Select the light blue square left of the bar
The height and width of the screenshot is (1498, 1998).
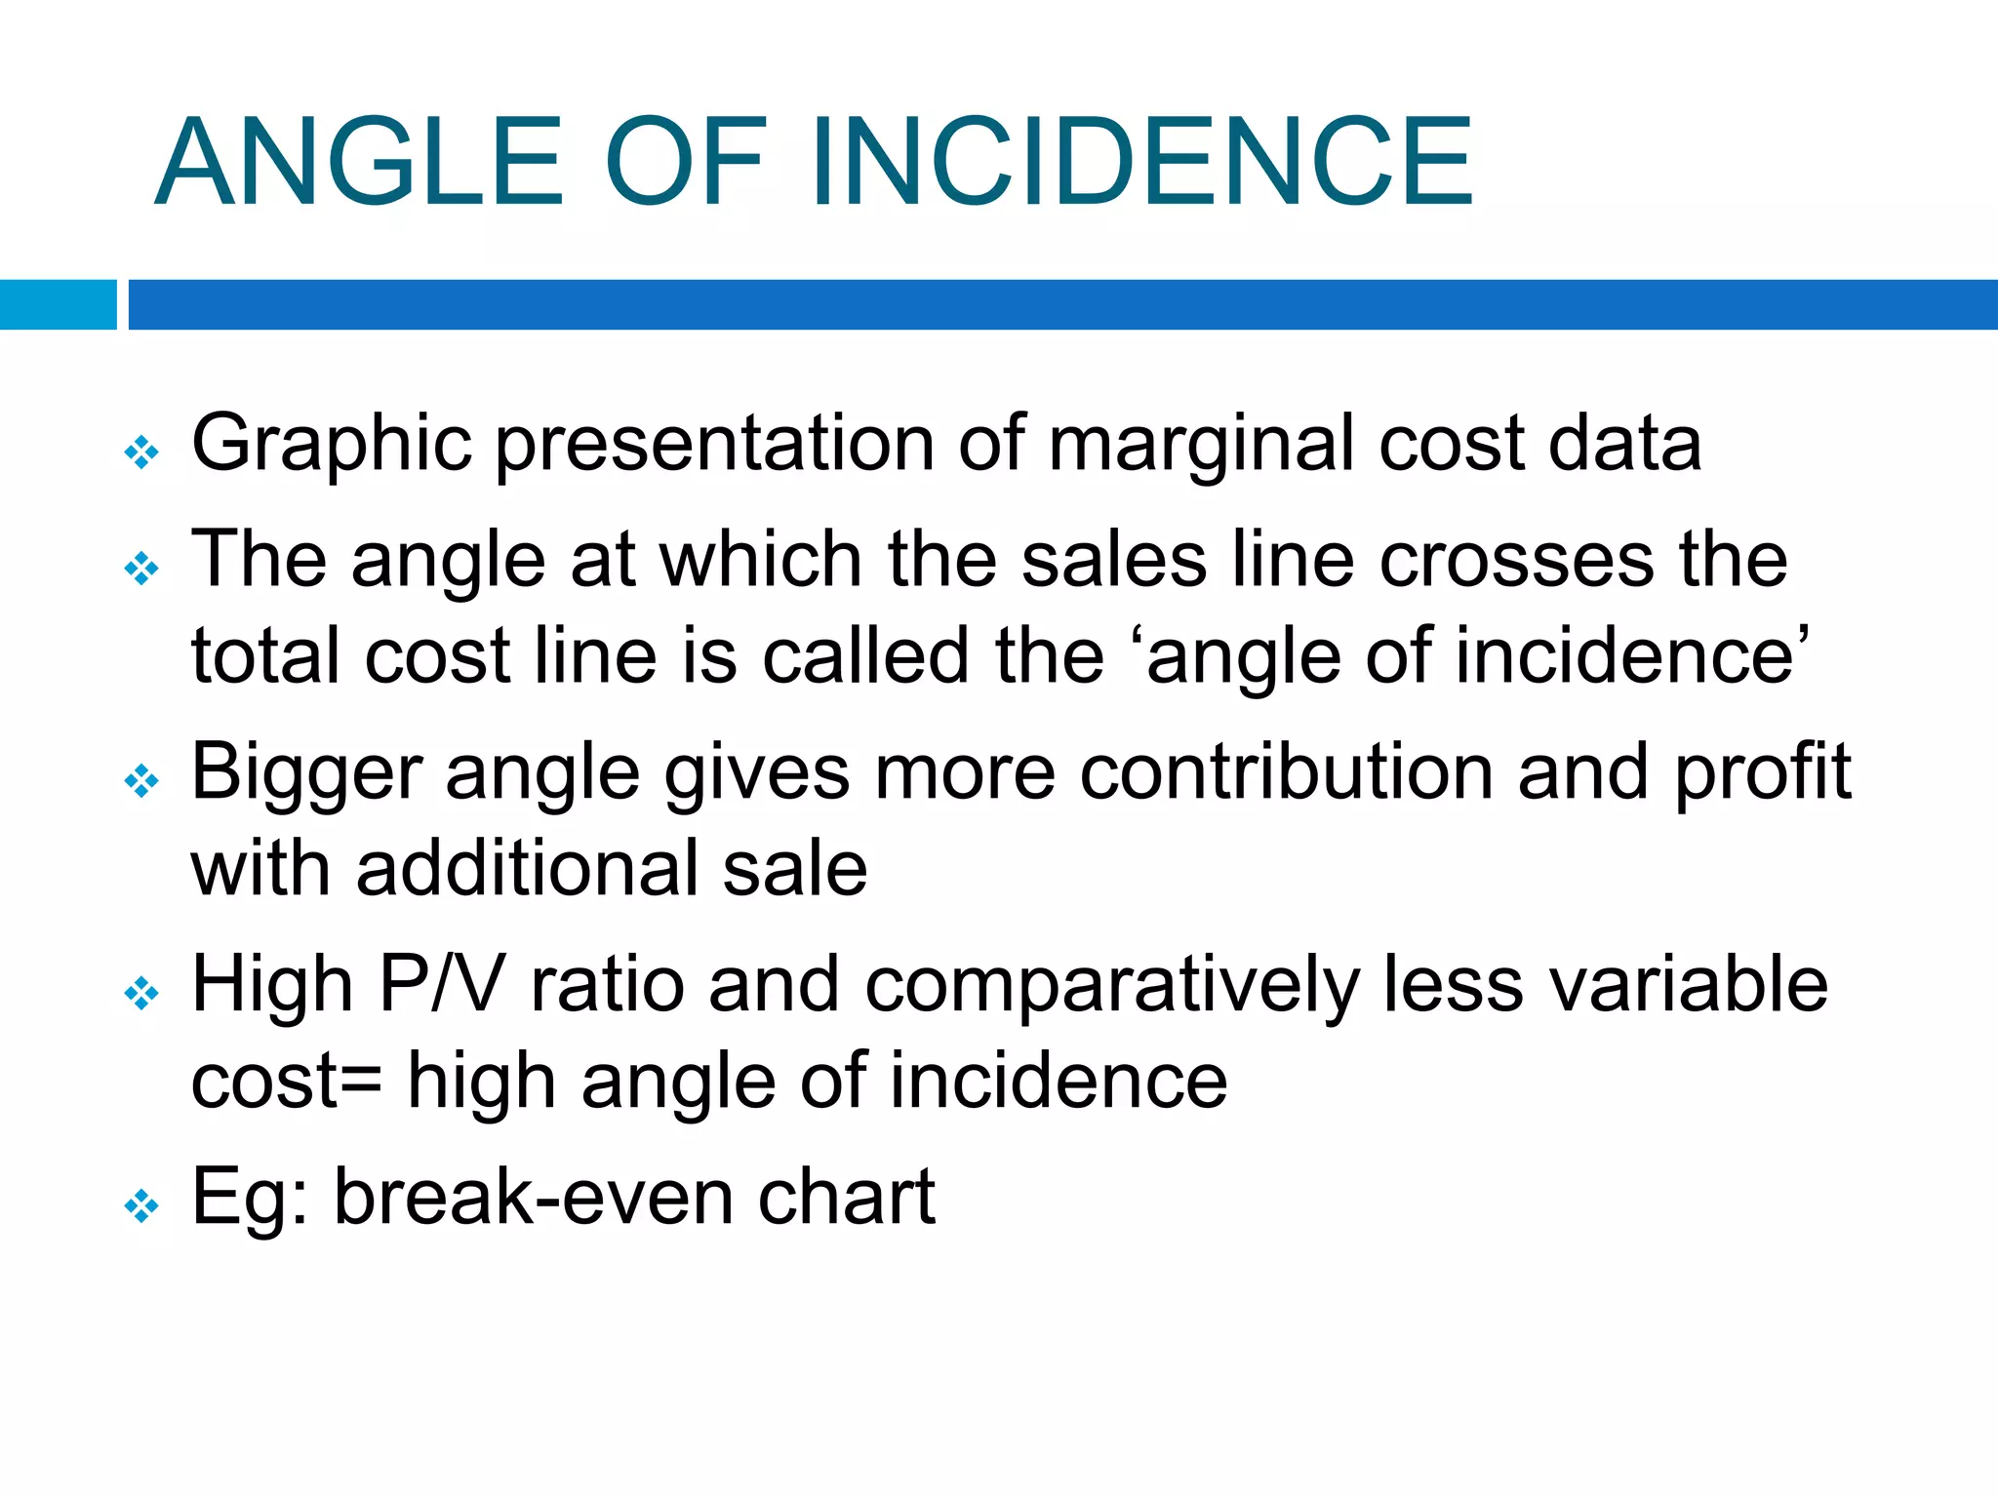click(x=58, y=304)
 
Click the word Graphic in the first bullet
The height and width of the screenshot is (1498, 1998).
click(x=332, y=445)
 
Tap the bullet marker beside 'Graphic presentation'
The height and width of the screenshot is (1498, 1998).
click(x=142, y=453)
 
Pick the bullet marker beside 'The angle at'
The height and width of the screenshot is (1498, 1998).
click(x=142, y=569)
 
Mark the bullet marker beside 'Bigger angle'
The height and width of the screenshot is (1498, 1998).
click(x=142, y=781)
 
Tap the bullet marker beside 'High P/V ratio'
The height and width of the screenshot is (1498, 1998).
click(x=142, y=994)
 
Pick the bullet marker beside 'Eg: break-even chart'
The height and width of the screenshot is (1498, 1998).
click(x=142, y=1206)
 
